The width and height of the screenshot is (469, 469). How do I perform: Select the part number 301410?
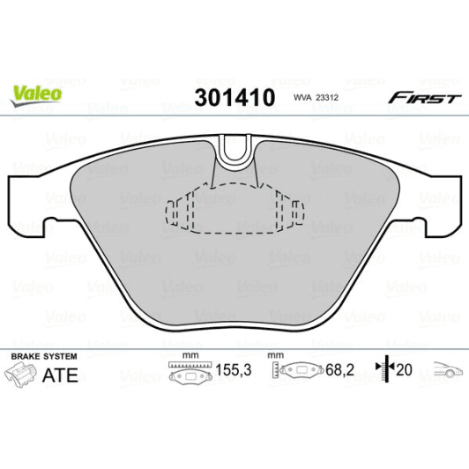click(233, 97)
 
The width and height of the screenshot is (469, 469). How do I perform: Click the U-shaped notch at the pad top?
click(234, 152)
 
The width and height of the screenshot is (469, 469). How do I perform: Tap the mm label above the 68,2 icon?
click(276, 355)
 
